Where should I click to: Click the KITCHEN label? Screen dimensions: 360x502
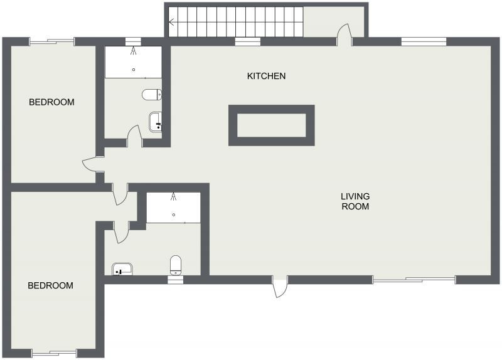pyautogui.click(x=266, y=77)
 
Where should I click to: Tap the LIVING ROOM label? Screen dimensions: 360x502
pyautogui.click(x=355, y=201)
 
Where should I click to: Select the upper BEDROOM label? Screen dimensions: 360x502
pyautogui.click(x=51, y=102)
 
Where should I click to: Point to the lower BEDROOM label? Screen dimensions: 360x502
pyautogui.click(x=50, y=285)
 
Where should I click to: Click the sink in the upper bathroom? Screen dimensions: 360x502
pyautogui.click(x=156, y=121)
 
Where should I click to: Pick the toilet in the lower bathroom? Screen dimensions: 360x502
pyautogui.click(x=176, y=265)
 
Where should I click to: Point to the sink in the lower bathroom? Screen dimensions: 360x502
pyautogui.click(x=122, y=270)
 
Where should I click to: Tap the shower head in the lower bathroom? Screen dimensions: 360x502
pyautogui.click(x=174, y=198)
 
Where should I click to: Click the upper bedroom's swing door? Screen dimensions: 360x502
pyautogui.click(x=91, y=164)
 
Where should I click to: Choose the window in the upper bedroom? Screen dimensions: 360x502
pyautogui.click(x=51, y=42)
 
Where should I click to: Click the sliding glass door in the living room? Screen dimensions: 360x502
pyautogui.click(x=414, y=279)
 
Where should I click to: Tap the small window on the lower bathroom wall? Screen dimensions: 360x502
pyautogui.click(x=176, y=280)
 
